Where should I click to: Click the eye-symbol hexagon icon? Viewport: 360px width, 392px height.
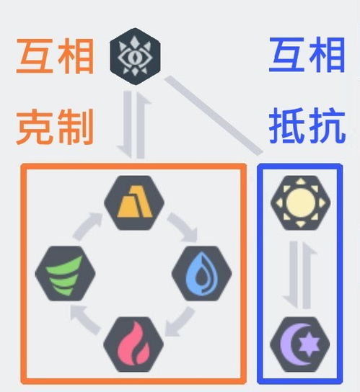tap(135, 56)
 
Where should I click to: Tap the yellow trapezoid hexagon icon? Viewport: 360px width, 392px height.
tap(134, 202)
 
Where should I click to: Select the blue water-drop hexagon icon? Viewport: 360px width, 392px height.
tap(202, 274)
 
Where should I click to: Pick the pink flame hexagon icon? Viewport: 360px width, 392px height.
tap(133, 344)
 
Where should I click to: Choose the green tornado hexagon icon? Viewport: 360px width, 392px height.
tap(65, 274)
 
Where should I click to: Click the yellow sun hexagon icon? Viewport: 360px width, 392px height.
tap(300, 202)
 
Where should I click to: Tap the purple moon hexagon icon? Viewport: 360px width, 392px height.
tap(300, 344)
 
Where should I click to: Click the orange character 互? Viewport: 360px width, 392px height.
tap(35, 56)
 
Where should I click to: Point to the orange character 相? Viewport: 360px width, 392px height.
tap(76, 56)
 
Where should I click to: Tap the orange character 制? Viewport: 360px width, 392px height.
tap(76, 127)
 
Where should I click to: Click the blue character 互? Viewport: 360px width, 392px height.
tap(287, 55)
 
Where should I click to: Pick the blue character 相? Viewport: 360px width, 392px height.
tap(328, 55)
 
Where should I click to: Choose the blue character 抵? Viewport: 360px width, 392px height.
tap(287, 126)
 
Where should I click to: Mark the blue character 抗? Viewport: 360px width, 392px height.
tap(328, 126)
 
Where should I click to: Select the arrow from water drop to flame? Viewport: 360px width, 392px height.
tap(180, 323)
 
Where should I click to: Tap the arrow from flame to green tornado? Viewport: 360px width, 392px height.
tap(84, 320)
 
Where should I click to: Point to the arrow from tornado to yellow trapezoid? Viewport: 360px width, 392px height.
tap(87, 225)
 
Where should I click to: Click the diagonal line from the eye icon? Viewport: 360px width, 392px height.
tap(214, 115)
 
